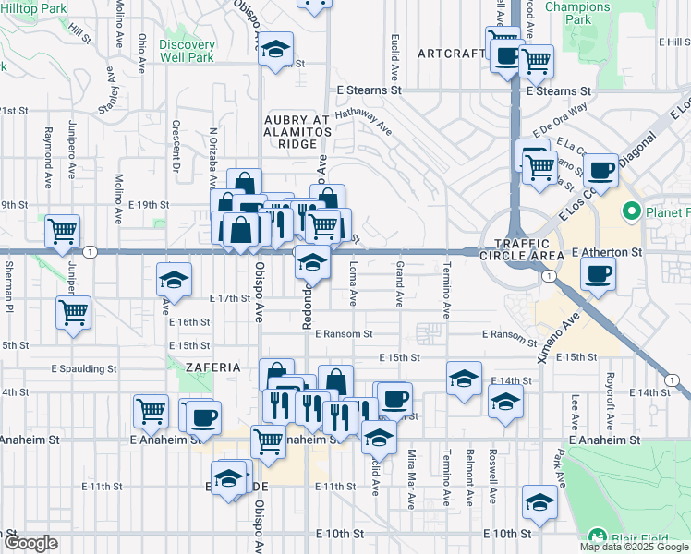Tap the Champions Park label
(x=577, y=12)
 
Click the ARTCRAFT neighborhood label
(x=451, y=54)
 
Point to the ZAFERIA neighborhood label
(x=212, y=367)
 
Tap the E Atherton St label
(x=607, y=251)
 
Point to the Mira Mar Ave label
(x=411, y=479)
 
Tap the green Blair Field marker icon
(x=597, y=536)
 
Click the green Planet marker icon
(x=632, y=212)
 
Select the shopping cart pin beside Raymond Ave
(x=62, y=231)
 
